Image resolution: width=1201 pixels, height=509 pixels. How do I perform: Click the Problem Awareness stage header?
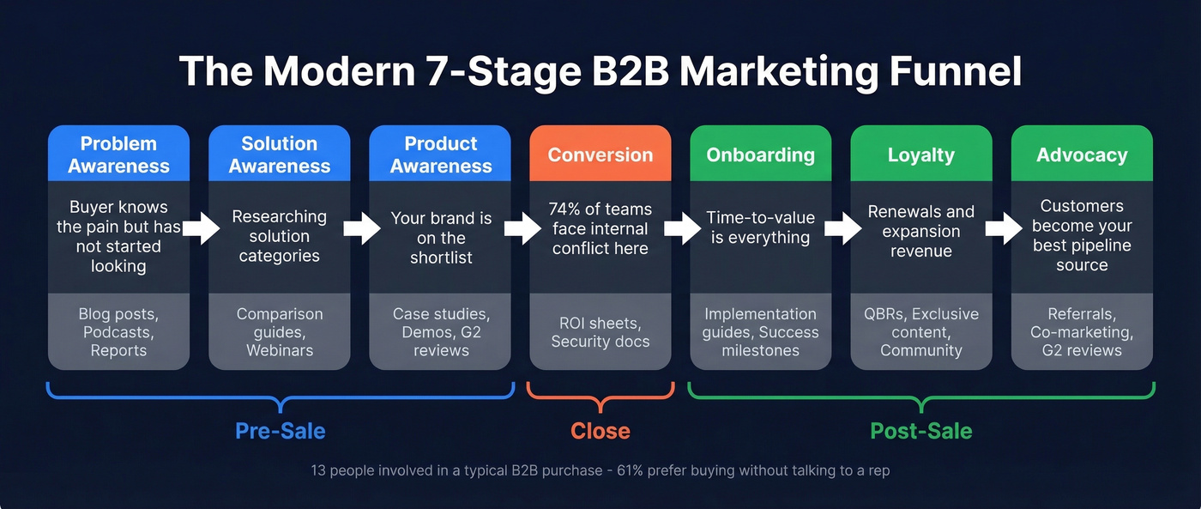coord(118,155)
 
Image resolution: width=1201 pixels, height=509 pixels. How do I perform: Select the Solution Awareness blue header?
coord(279,155)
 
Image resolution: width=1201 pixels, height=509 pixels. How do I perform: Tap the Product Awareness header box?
coord(440,155)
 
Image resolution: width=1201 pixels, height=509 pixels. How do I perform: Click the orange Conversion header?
coord(600,155)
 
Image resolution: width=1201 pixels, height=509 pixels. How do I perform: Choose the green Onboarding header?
coord(760,155)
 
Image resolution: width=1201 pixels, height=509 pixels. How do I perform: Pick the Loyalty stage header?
coord(920,155)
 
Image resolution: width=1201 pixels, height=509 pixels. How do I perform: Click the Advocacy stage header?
coord(1082,155)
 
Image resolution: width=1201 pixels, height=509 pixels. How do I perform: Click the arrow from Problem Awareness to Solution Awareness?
coord(199,229)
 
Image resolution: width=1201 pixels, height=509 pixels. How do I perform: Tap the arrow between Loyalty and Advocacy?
coord(1001,229)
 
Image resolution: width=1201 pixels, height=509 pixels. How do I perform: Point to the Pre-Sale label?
coord(281,431)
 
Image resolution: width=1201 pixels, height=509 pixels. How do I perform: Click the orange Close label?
coord(600,431)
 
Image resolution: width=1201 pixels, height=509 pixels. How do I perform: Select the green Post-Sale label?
coord(921,431)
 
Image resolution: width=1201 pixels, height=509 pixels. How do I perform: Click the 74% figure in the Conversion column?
coord(566,209)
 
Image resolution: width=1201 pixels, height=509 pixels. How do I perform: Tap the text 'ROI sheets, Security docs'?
coord(600,332)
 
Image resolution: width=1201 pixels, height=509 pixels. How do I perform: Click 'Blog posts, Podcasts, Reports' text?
coord(118,332)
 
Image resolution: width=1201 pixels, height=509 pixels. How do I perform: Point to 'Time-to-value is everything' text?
coord(760,228)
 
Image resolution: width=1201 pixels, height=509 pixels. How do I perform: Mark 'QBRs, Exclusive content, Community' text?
coord(920,332)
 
